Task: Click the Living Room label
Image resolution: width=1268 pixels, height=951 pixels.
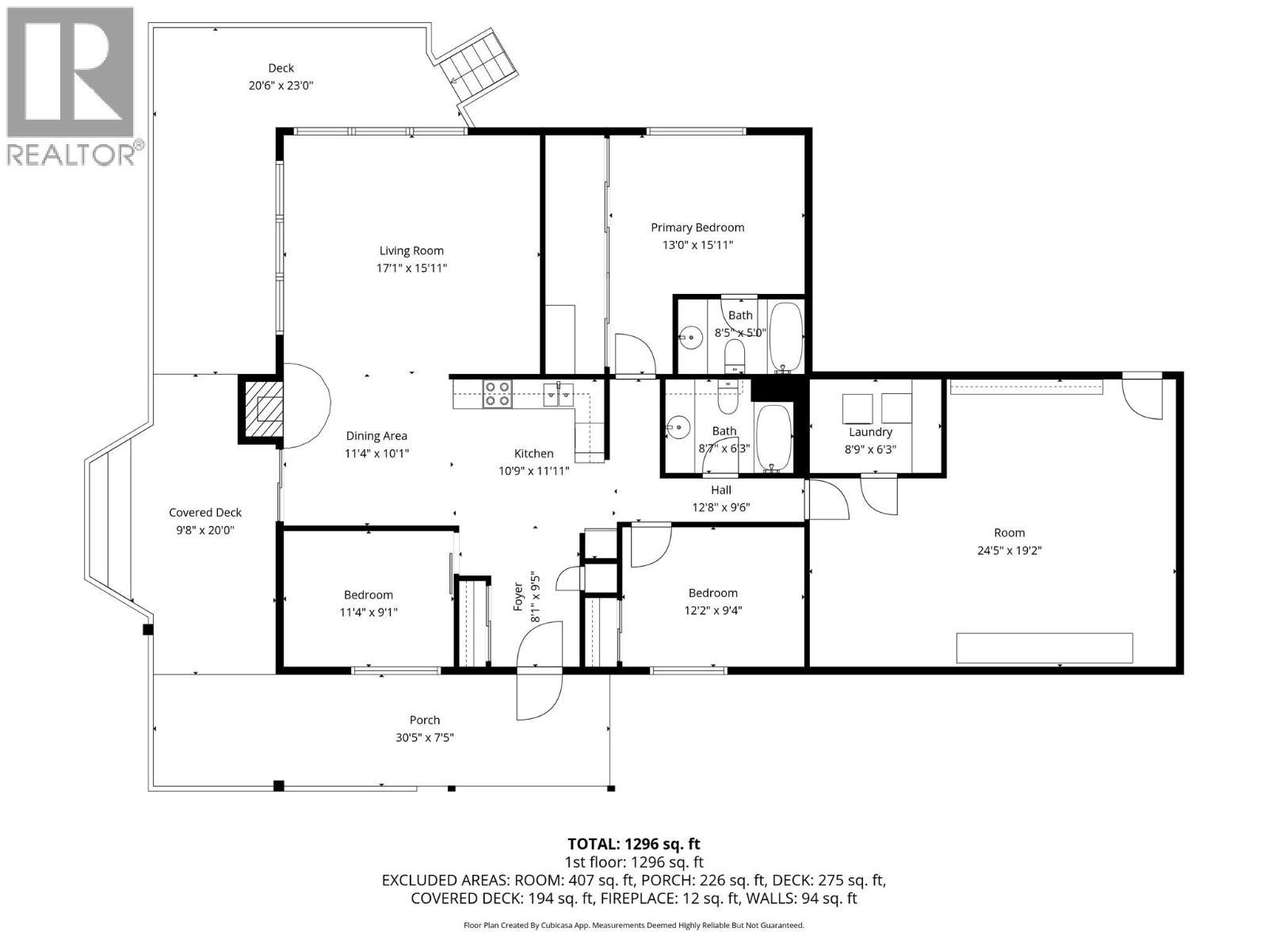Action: coord(411,250)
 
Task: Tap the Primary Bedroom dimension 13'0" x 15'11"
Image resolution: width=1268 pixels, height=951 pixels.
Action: coord(697,245)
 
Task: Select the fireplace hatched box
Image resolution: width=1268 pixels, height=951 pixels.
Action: coord(261,410)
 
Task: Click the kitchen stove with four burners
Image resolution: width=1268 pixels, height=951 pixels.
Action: coord(497,394)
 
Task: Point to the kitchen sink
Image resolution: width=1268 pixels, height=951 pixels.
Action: coord(559,393)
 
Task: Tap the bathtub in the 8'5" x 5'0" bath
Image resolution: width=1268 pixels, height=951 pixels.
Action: coord(785,338)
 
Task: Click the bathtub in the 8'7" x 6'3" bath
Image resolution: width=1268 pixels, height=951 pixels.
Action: coord(773,438)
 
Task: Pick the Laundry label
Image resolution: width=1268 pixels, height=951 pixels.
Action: coord(870,432)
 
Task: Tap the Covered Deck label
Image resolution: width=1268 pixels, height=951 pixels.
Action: coord(205,512)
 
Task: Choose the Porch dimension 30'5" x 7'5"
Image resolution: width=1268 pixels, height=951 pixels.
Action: coord(425,737)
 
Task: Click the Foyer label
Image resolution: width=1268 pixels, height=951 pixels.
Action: coord(518,597)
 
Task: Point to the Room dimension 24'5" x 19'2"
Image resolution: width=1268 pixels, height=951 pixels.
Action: coord(1009,550)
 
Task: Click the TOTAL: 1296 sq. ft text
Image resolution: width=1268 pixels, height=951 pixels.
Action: coord(634,844)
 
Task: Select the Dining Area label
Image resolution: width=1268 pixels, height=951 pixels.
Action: coord(376,436)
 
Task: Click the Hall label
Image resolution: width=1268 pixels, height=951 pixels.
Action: coord(721,491)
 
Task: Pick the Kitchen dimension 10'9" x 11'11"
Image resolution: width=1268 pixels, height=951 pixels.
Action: coord(534,472)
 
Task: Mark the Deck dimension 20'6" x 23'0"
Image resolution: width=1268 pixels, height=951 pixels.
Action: coord(281,86)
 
